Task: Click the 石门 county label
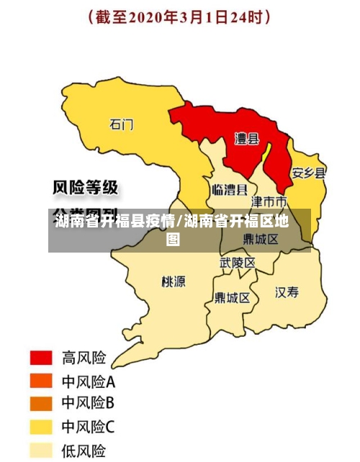tap(122, 124)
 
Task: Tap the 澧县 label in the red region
tap(248, 137)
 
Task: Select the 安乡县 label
tap(308, 173)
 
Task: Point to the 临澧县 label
tap(230, 190)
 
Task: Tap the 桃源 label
tap(173, 281)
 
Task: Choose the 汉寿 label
tap(287, 292)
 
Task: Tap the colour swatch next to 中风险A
tap(41, 381)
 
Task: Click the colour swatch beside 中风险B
tap(41, 404)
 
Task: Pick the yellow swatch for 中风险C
tap(41, 427)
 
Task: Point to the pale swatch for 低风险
tap(41, 450)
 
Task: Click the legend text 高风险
tap(84, 358)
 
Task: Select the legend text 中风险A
tap(89, 381)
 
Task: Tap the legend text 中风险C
tap(89, 427)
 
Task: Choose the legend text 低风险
tap(84, 450)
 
